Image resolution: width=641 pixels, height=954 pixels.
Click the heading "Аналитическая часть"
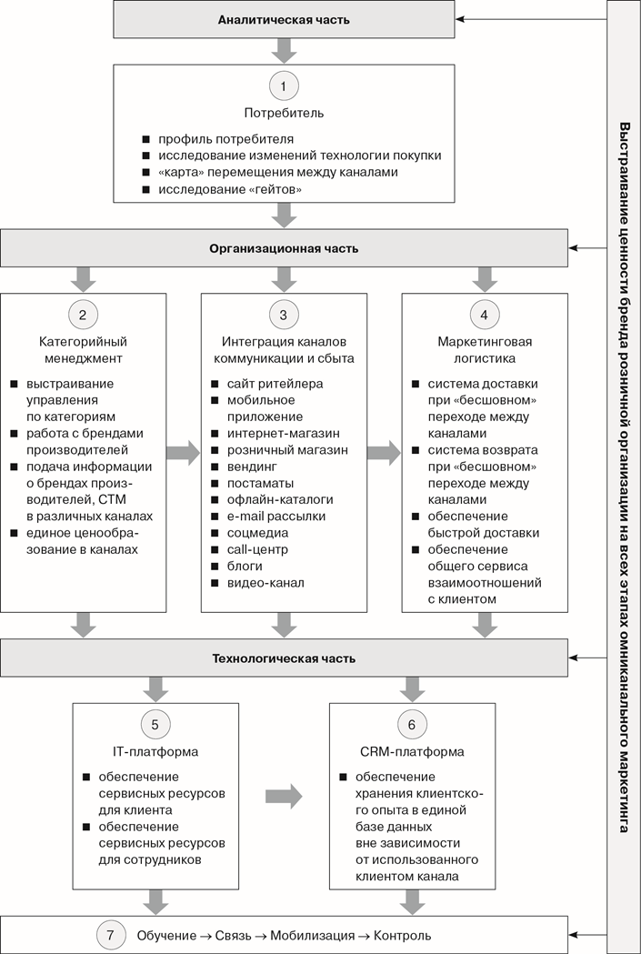pos(284,20)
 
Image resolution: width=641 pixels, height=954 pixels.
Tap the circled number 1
pos(284,86)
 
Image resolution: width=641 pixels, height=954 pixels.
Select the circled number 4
pos(484,315)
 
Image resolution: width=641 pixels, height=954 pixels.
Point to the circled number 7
pos(110,935)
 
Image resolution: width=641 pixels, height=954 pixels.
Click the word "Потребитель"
pos(284,113)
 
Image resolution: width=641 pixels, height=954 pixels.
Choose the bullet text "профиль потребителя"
pos(226,139)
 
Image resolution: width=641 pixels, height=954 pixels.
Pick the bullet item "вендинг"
pos(253,467)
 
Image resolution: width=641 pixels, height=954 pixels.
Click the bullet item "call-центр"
pos(258,549)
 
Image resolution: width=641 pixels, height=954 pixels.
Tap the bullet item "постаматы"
pos(260,483)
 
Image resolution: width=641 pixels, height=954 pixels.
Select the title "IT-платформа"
pos(155,752)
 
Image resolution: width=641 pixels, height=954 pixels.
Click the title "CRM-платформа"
pos(412,752)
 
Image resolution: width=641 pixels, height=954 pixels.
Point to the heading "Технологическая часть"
pos(284,659)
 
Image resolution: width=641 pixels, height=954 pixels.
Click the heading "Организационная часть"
pos(284,249)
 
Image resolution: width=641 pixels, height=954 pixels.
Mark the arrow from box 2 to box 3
pos(183,453)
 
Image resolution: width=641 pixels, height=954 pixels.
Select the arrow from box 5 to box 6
pos(284,797)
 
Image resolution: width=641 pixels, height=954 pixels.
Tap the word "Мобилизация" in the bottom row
pos(312,936)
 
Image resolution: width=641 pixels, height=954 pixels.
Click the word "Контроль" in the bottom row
pos(402,936)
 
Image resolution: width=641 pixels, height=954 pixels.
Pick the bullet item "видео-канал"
pos(265,583)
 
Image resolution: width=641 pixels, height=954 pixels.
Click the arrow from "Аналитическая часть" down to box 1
pos(284,51)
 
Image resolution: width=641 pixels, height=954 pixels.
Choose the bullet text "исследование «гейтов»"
pos(231,190)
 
